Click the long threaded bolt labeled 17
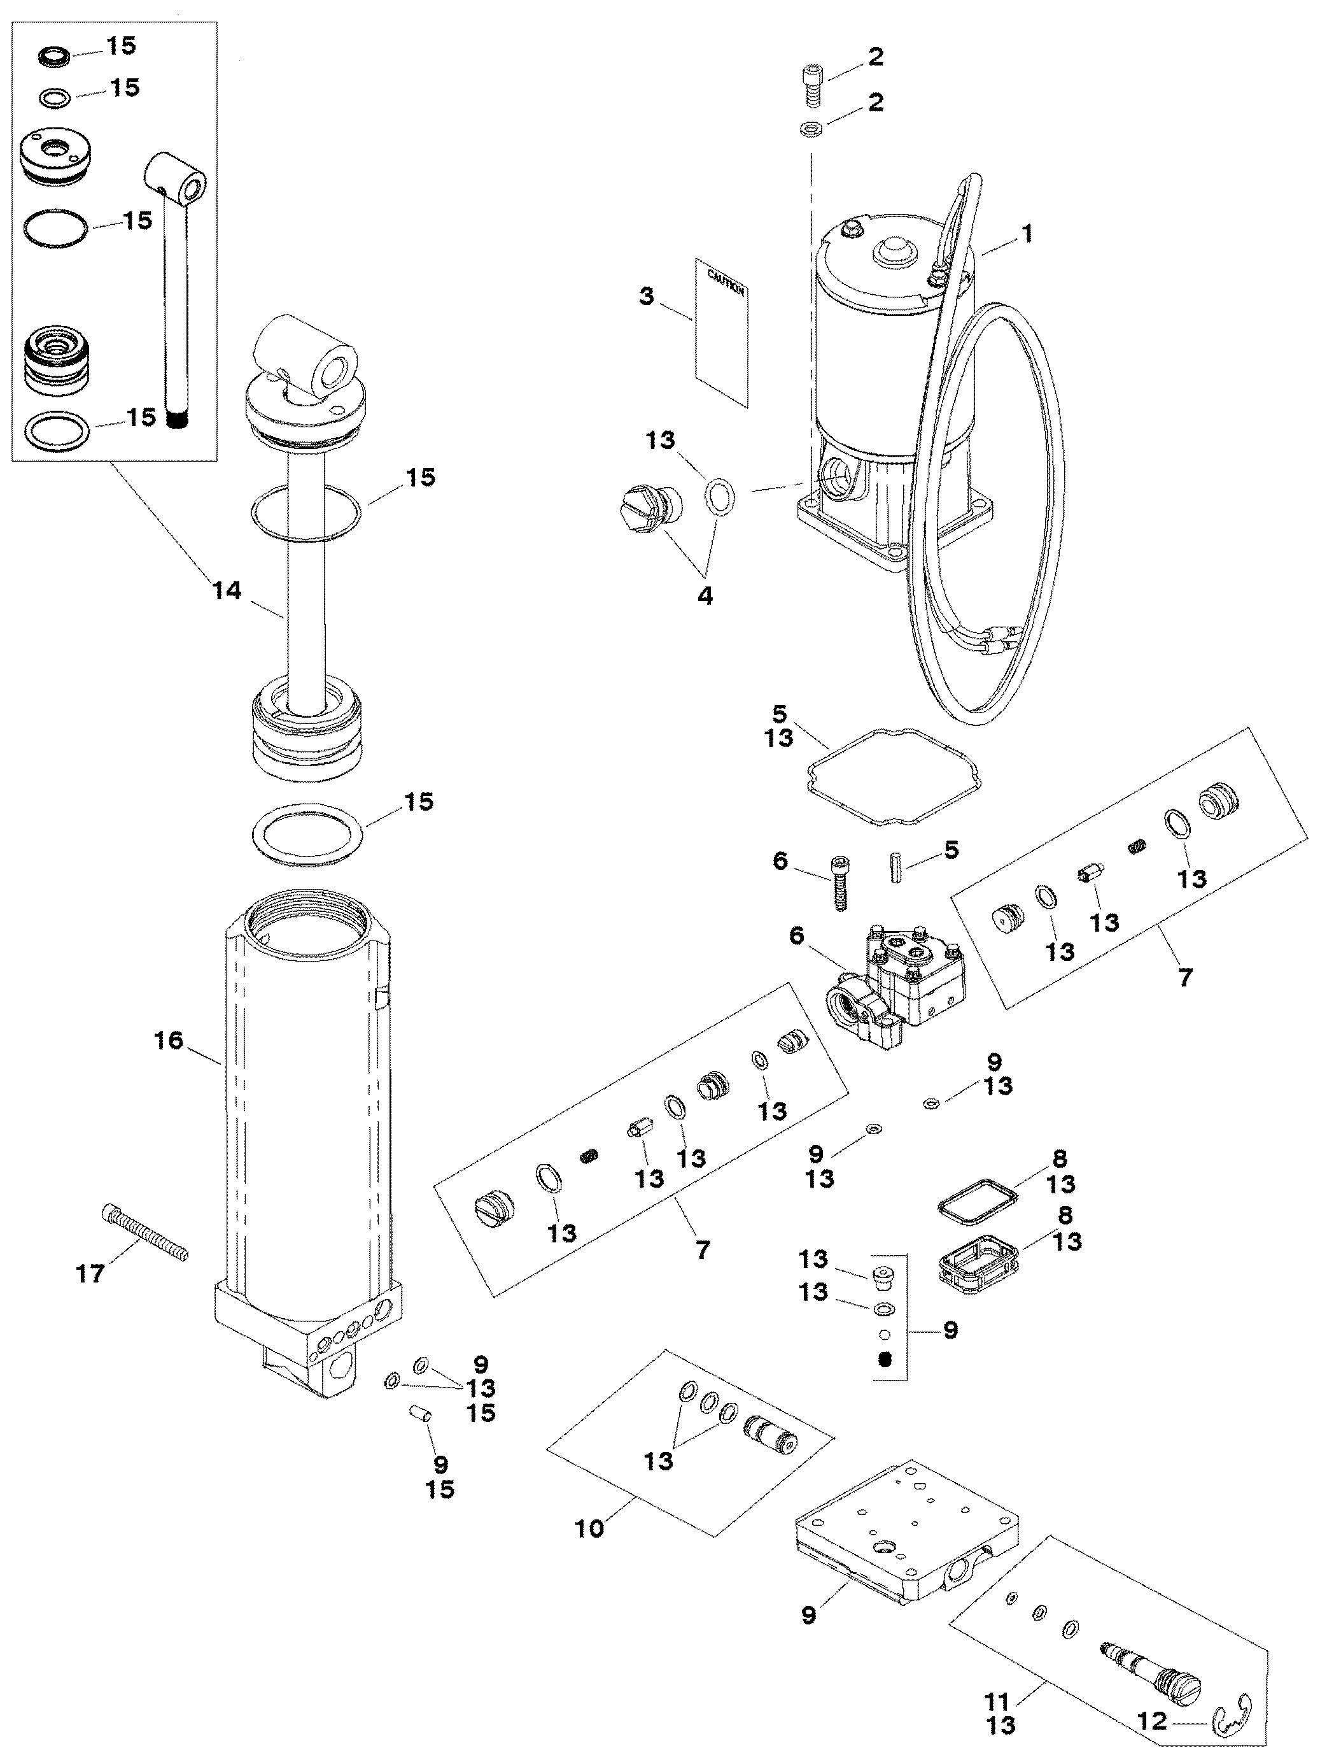click(145, 1232)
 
